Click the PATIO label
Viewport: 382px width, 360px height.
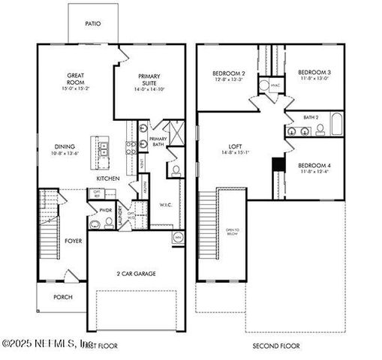93,23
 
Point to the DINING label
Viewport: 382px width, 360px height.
65,147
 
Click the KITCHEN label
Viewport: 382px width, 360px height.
109,178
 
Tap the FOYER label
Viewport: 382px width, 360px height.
73,241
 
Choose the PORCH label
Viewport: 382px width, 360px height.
63,297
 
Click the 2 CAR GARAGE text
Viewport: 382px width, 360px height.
135,274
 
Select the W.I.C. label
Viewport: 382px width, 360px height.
166,203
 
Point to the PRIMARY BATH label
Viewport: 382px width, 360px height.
158,142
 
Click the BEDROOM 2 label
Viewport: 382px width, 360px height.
226,73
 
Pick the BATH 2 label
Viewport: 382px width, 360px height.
311,117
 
